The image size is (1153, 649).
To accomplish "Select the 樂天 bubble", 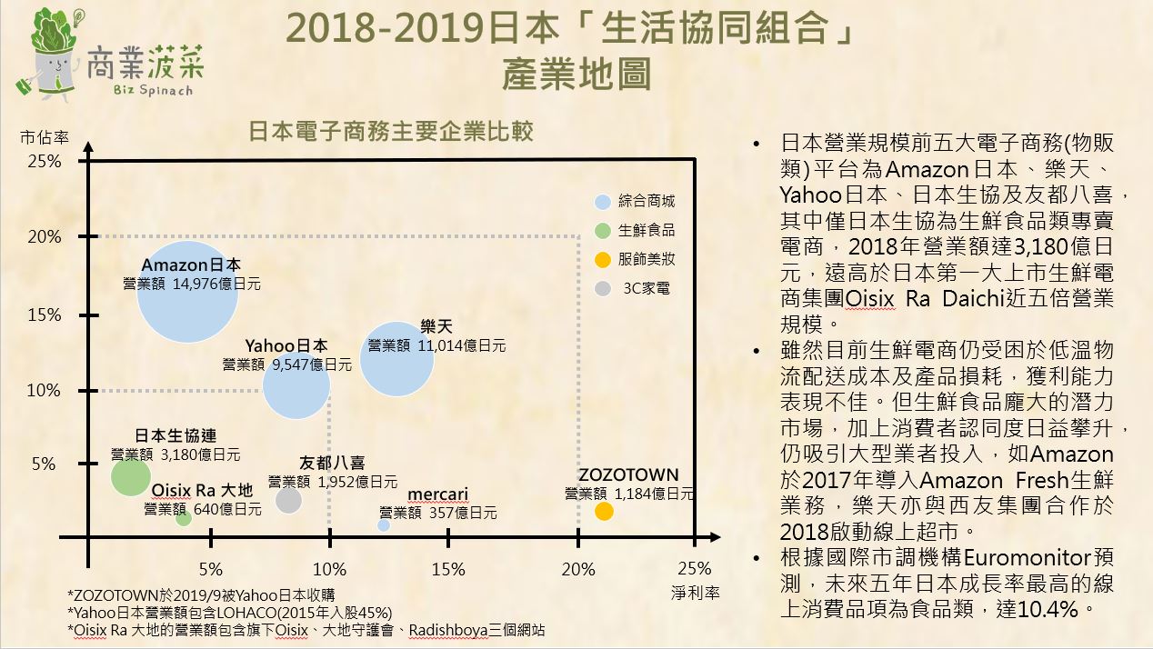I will [x=396, y=359].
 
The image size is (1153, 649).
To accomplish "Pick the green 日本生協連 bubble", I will [x=130, y=475].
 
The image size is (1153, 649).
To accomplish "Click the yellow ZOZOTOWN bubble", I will [x=604, y=511].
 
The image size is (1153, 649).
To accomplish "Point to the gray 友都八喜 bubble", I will [x=288, y=500].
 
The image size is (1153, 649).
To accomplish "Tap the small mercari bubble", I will [x=384, y=525].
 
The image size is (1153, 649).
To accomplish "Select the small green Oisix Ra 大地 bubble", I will [x=184, y=519].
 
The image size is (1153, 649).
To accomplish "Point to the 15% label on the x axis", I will [x=448, y=570].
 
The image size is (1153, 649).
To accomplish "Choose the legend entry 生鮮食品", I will [x=647, y=230].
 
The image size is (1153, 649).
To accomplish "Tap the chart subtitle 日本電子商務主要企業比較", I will [x=391, y=131].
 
